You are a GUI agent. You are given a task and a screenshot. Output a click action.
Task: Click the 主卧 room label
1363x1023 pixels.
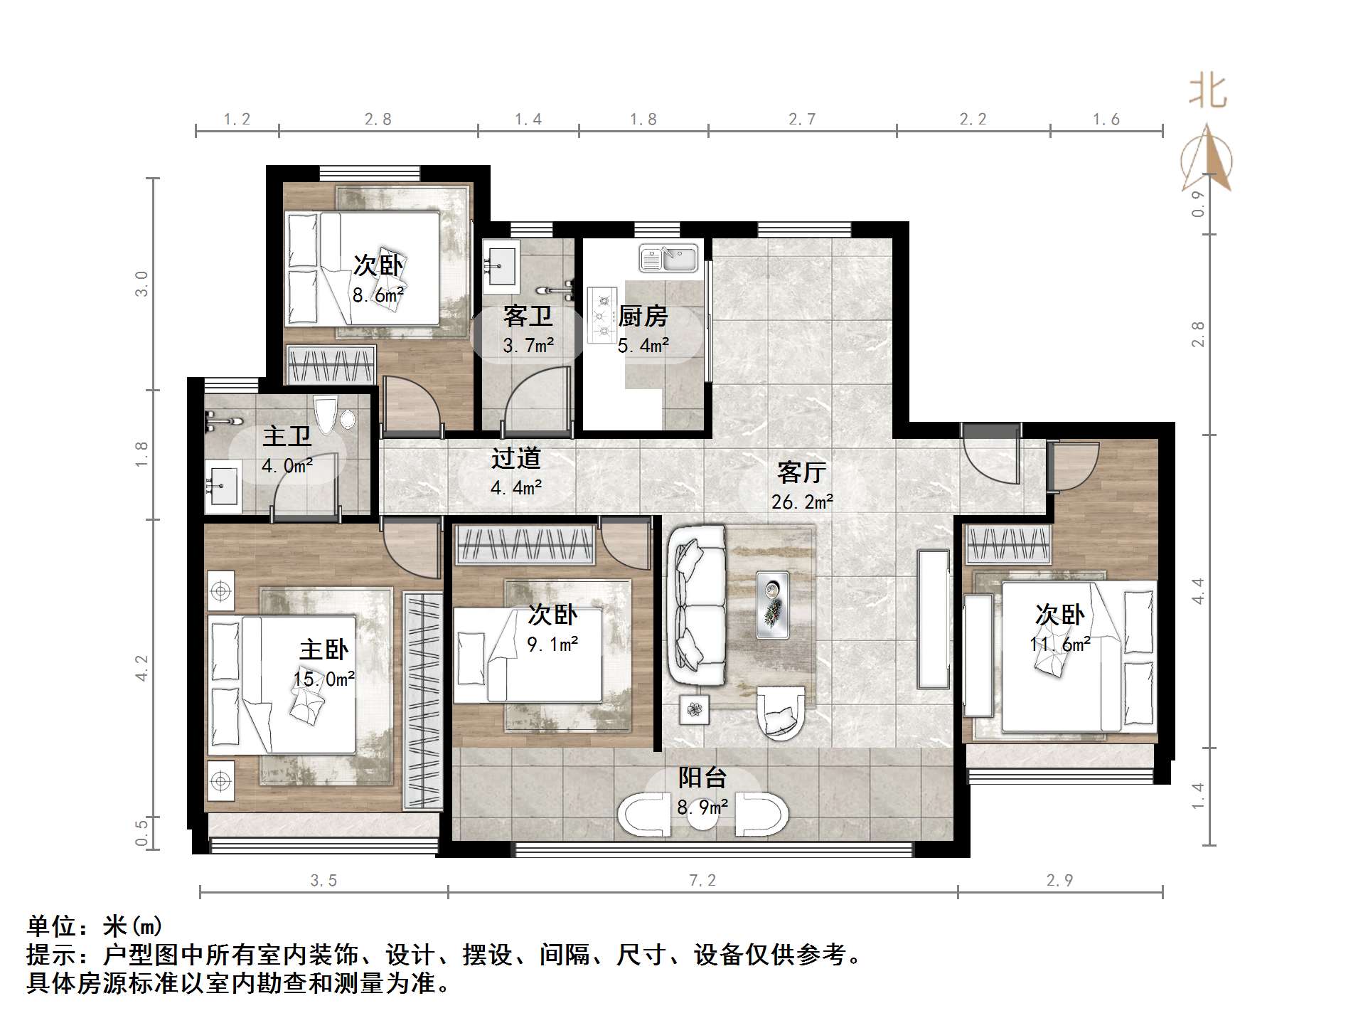[324, 649]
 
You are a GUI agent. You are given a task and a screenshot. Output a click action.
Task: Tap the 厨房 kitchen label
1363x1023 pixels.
[643, 316]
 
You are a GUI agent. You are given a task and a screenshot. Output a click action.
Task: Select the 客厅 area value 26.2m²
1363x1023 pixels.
[802, 502]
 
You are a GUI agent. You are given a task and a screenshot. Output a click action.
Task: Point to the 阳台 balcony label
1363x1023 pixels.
[702, 778]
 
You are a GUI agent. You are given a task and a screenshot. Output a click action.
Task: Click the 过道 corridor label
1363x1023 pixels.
[516, 458]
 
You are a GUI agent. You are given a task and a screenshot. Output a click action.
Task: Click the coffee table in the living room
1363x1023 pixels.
[772, 604]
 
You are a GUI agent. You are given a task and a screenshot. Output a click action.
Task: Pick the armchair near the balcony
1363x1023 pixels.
[780, 713]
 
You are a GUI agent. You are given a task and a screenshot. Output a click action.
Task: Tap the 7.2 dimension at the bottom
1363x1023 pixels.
[702, 881]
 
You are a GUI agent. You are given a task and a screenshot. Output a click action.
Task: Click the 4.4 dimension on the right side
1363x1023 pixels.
[1199, 590]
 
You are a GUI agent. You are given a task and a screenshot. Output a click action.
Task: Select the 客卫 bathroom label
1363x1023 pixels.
[528, 316]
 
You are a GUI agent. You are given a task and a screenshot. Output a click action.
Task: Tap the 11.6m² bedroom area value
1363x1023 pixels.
[1059, 644]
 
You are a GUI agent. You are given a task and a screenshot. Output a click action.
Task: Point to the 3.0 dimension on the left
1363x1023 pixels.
[142, 283]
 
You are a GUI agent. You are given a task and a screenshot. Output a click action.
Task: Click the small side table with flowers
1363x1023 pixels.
[694, 709]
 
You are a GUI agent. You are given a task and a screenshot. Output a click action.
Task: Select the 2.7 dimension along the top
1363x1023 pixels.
[802, 120]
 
